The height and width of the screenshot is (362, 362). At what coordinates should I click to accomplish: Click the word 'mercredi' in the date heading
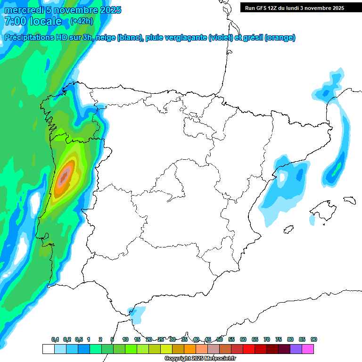(x=21, y=10)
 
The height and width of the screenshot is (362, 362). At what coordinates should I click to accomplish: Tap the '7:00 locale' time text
(x=33, y=21)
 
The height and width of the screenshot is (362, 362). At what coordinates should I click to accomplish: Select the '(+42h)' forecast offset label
(x=82, y=21)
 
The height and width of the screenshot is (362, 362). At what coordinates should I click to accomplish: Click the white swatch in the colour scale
(x=48, y=349)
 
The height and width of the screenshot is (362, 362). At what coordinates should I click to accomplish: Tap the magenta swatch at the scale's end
(x=308, y=349)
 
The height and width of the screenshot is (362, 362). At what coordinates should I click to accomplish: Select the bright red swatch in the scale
(x=249, y=349)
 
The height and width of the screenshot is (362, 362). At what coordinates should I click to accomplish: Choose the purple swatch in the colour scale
(x=296, y=349)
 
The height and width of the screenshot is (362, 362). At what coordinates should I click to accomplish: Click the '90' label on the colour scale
(x=314, y=339)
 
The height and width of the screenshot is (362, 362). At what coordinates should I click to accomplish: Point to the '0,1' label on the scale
(x=55, y=339)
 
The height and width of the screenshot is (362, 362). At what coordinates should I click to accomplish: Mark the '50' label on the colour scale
(x=220, y=339)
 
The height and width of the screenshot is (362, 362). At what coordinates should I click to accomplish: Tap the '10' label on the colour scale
(x=125, y=339)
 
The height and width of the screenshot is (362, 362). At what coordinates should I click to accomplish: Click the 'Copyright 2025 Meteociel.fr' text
(x=200, y=359)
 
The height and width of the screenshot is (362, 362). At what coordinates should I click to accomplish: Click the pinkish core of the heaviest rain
(x=64, y=178)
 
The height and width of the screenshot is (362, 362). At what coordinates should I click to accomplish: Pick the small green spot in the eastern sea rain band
(x=335, y=173)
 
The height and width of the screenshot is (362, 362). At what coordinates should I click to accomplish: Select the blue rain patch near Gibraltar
(x=138, y=313)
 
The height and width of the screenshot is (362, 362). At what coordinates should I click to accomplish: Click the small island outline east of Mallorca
(x=349, y=200)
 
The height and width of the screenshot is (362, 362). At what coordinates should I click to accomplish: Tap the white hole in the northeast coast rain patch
(x=282, y=177)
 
